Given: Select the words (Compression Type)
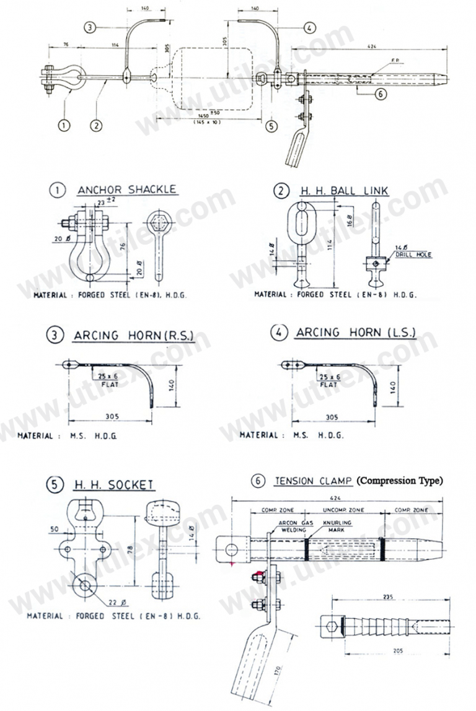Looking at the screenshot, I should pyautogui.click(x=400, y=481).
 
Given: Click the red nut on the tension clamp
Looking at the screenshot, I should pyautogui.click(x=256, y=577).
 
